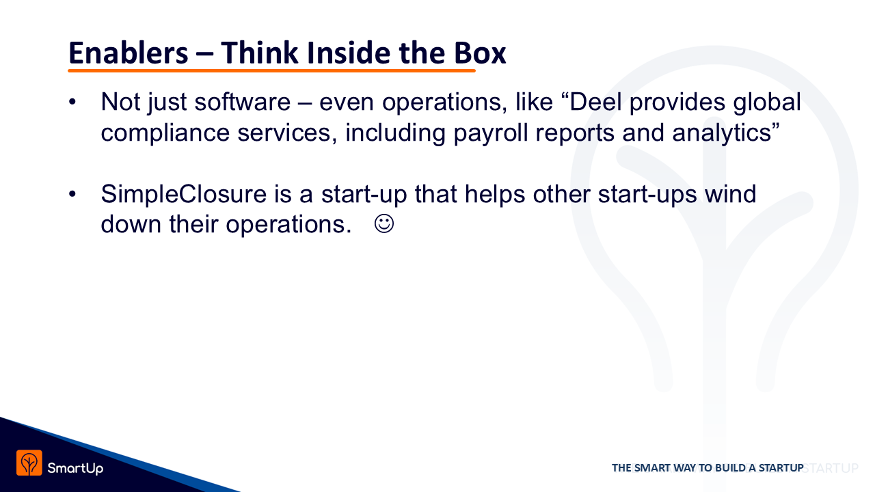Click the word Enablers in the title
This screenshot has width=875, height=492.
(x=128, y=53)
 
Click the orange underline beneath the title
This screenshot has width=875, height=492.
(x=271, y=70)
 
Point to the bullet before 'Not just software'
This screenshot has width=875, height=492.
(x=72, y=102)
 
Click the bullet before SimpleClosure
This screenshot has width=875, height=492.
(x=72, y=193)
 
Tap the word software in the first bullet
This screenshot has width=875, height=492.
(x=243, y=102)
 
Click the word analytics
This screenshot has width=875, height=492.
(x=722, y=133)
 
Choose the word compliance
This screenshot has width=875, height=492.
(x=165, y=133)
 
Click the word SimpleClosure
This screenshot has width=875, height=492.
(x=184, y=193)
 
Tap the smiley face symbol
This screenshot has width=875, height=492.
(x=384, y=224)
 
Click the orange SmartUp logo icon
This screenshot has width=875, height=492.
(x=29, y=463)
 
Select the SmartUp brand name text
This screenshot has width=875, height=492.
(x=75, y=468)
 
